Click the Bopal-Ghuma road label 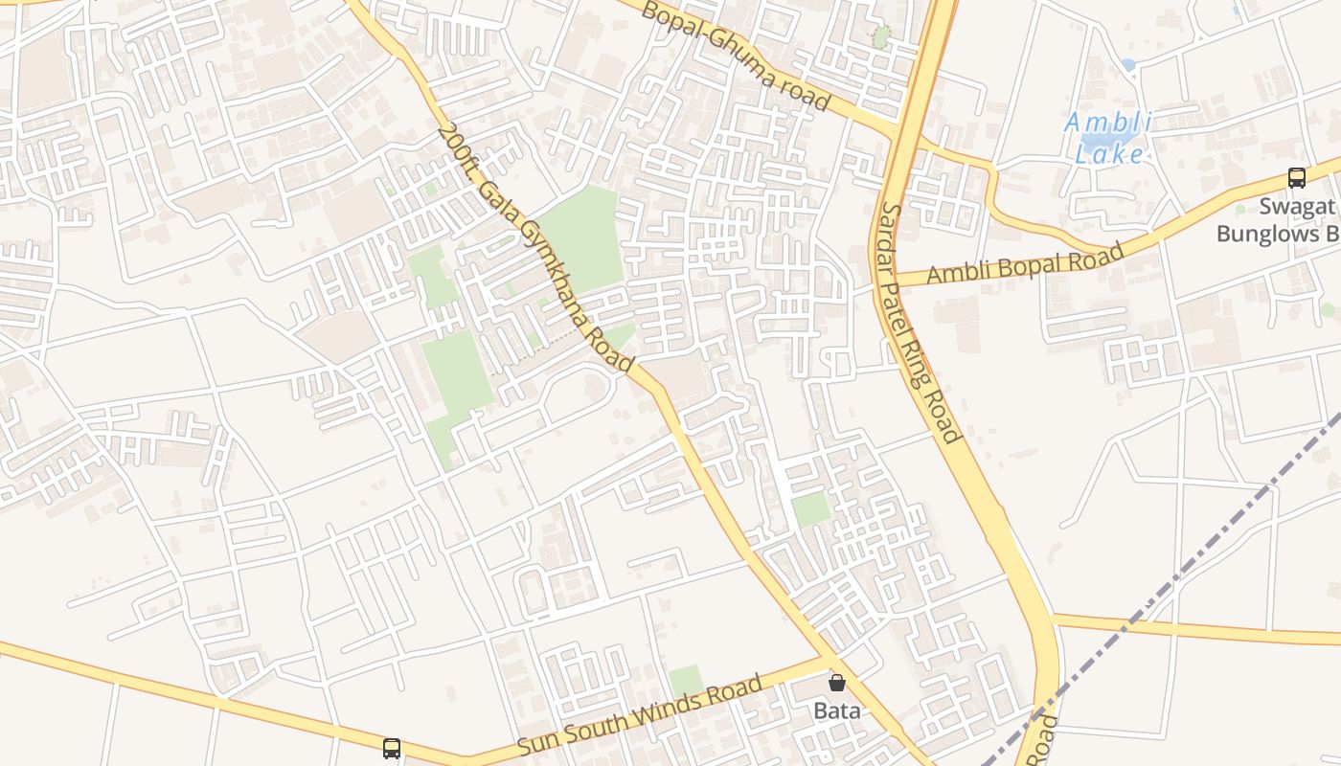[735, 56]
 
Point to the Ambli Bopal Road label [1025, 264]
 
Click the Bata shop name [837, 710]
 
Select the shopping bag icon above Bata [837, 683]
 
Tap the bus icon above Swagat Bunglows [1296, 177]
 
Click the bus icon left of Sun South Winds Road [392, 749]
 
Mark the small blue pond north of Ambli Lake [1127, 65]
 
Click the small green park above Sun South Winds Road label [686, 681]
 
